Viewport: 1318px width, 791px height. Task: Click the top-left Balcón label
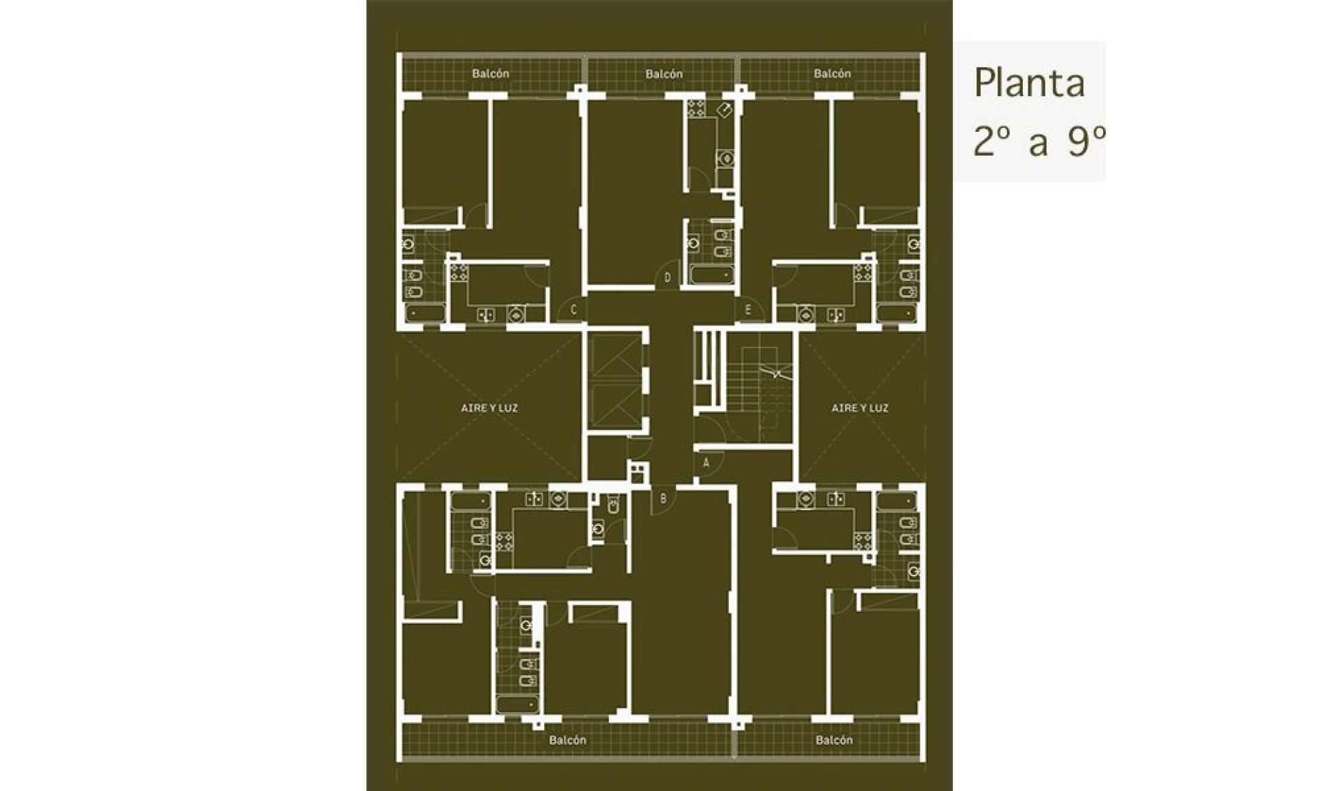(490, 73)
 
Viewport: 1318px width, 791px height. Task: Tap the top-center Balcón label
(664, 73)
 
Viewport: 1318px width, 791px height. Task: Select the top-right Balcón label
(832, 73)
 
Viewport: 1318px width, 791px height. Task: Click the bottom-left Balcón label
(568, 740)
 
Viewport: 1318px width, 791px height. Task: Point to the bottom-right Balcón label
(834, 740)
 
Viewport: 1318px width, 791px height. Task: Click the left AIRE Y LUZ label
(489, 408)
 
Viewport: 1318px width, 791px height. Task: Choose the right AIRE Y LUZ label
(860, 408)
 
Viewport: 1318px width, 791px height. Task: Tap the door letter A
(706, 463)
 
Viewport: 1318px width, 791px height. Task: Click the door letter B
(663, 499)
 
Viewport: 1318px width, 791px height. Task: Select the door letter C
(574, 310)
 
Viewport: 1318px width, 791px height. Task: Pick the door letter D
(667, 278)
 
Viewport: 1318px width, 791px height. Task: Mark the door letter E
(748, 310)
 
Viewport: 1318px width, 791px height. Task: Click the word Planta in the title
(1029, 83)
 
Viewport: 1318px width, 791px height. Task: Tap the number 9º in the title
(1086, 142)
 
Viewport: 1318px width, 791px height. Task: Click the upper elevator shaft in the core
(615, 356)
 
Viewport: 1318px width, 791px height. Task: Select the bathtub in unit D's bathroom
(712, 275)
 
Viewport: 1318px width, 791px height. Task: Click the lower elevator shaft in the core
(615, 406)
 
